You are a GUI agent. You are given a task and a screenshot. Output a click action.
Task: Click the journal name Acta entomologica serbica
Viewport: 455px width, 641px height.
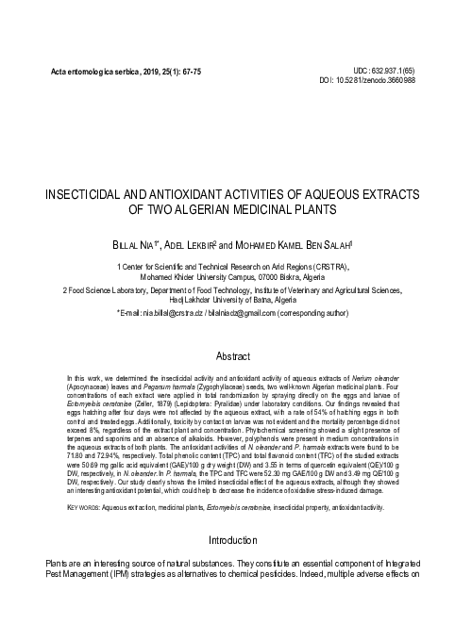85,73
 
